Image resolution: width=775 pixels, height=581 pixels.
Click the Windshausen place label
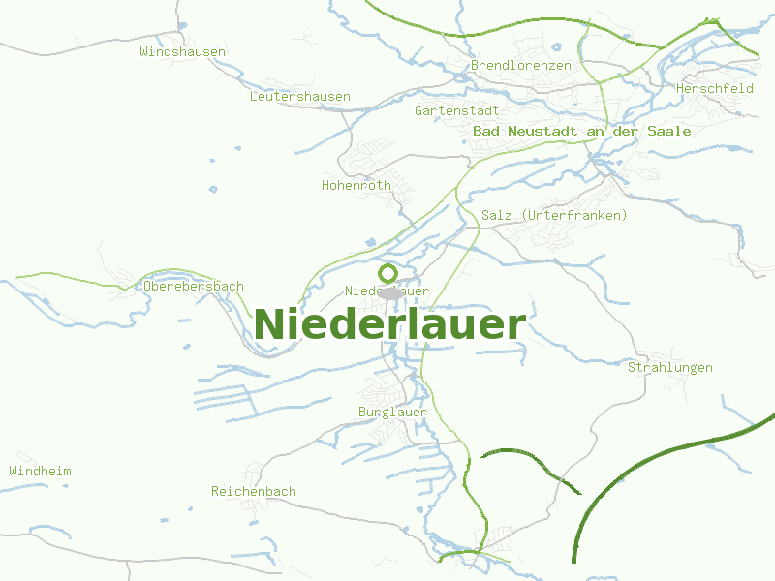tap(182, 51)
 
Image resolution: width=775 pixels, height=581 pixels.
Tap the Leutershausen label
tap(299, 96)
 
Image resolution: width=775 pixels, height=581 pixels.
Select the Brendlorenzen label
tap(520, 65)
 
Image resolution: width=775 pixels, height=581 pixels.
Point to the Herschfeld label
tap(714, 88)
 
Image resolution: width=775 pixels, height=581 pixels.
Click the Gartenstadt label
tap(456, 110)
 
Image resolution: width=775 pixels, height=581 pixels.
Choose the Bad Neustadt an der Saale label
tap(582, 131)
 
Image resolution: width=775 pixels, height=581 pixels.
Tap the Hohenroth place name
tap(356, 184)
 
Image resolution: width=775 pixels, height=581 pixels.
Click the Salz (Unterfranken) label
tap(554, 214)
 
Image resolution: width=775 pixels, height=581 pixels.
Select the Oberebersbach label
tap(193, 286)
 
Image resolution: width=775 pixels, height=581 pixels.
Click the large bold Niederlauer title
tap(389, 324)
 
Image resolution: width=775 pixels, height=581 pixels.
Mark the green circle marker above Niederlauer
tap(388, 273)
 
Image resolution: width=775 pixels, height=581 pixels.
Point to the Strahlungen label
tap(669, 367)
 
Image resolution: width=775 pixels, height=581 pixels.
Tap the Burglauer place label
tap(392, 412)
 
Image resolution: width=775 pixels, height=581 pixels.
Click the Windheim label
tap(40, 471)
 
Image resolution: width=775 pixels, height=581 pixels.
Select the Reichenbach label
tap(253, 491)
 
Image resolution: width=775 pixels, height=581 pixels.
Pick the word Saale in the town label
tap(671, 131)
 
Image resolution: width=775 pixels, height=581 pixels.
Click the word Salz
tap(497, 214)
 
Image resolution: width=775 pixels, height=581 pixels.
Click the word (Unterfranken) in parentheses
tap(573, 214)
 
